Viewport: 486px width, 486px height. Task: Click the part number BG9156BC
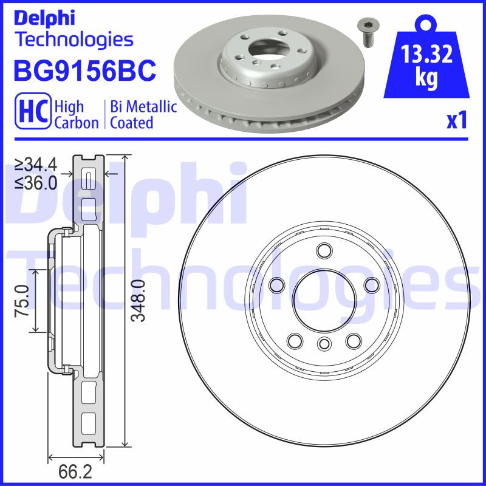(x=84, y=71)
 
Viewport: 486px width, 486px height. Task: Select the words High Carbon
(x=76, y=115)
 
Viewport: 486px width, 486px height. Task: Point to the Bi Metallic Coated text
(x=143, y=115)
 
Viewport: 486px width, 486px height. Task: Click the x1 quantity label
(x=456, y=122)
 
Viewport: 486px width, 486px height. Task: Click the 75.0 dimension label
(x=22, y=301)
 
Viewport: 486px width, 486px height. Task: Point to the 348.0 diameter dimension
(x=139, y=301)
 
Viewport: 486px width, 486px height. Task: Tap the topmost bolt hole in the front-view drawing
(x=323, y=250)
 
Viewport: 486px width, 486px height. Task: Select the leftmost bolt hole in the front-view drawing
(x=277, y=284)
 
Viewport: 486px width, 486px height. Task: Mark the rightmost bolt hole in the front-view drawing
(x=369, y=284)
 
